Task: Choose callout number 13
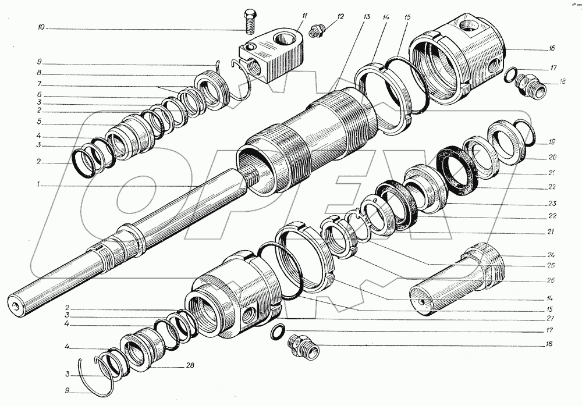tap(366, 17)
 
